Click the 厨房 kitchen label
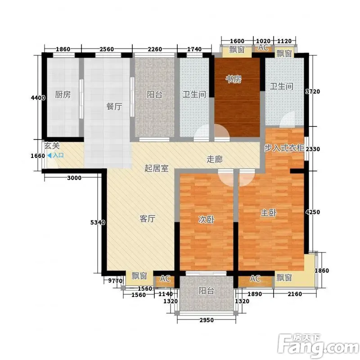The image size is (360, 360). pos(63,94)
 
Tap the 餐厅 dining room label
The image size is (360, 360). pos(114,106)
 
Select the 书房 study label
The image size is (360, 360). pos(233,79)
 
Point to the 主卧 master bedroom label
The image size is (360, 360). pos(269,212)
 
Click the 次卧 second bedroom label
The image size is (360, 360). pos(207,219)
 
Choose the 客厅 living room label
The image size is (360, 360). pos(148,218)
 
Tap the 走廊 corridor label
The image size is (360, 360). pos(215,159)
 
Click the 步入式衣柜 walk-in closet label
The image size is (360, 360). pos(284,148)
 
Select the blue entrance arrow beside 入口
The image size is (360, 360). pos(49,156)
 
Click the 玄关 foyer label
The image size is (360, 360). pos(52,145)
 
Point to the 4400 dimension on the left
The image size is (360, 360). pos(38,98)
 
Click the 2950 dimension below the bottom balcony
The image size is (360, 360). pos(207,320)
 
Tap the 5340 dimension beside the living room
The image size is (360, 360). pos(98,222)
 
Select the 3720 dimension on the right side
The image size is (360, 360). pos(313,92)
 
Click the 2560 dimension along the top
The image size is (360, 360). pos(107,49)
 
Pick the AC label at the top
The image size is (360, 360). pos(263,47)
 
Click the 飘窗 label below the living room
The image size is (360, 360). pos(139,276)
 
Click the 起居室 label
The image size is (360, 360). pos(156,168)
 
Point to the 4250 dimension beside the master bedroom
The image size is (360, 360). pos(313,212)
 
